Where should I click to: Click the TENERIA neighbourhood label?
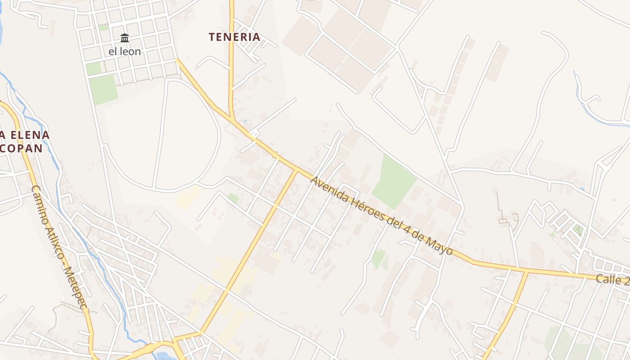point(234,37)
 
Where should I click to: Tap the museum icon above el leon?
point(125,38)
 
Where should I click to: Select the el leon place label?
point(125,51)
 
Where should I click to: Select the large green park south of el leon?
point(103,89)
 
